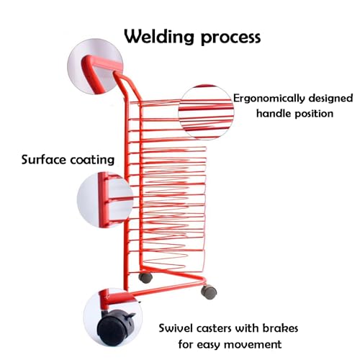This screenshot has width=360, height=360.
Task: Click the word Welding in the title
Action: [x=159, y=37]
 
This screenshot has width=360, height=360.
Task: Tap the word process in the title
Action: [x=231, y=38]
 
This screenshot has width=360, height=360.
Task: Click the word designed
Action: [x=330, y=98]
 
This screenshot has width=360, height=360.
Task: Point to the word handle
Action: [x=274, y=113]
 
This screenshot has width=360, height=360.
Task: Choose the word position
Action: [x=314, y=114]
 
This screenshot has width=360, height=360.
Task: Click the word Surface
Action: [x=44, y=160]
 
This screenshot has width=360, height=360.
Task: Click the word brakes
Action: [x=280, y=328]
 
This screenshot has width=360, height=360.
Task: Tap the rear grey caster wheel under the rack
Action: [x=145, y=278]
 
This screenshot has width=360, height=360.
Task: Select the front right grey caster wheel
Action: [x=209, y=292]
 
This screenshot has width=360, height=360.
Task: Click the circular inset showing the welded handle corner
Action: [x=95, y=66]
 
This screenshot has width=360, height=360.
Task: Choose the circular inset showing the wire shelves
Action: [x=206, y=112]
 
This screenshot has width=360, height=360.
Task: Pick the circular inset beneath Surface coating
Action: [x=105, y=200]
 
